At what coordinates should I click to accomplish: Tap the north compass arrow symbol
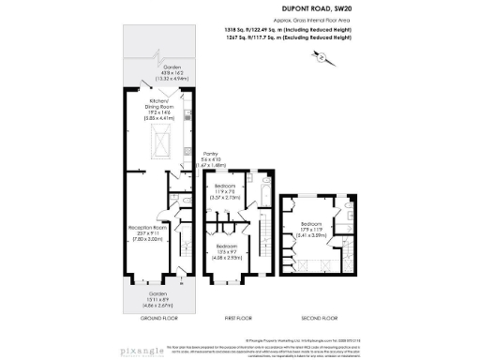coord(322,58)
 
